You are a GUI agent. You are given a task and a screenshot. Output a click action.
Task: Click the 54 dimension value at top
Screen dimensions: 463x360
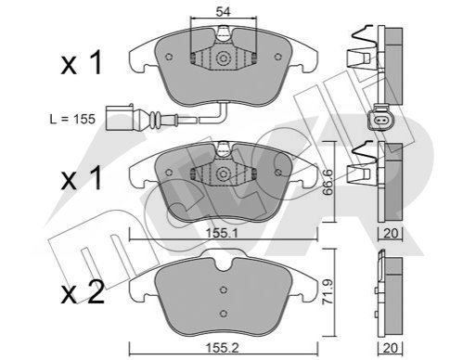click(224, 12)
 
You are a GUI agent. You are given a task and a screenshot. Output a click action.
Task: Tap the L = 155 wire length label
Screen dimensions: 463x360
click(72, 119)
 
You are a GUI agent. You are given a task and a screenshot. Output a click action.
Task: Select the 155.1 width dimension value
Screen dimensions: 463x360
click(222, 233)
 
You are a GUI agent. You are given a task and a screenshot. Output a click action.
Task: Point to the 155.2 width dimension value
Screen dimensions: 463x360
click(223, 348)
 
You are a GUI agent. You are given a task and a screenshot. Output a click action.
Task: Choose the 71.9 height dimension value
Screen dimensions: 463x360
click(328, 292)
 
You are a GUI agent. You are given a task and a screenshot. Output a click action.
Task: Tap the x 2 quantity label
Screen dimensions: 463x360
click(83, 293)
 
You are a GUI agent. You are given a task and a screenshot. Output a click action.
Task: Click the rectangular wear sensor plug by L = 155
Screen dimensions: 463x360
click(120, 118)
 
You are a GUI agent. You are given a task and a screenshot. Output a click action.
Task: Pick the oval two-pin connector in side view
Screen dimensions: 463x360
click(380, 119)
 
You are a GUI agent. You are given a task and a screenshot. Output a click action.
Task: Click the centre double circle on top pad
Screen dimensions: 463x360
click(223, 58)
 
